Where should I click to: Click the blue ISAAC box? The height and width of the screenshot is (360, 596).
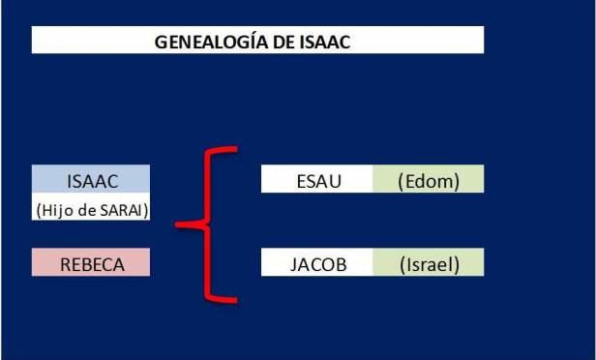tap(91, 180)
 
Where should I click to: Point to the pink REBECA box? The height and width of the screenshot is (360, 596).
tap(91, 263)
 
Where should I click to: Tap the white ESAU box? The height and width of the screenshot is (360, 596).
tap(316, 180)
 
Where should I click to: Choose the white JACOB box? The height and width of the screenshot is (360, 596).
tap(316, 263)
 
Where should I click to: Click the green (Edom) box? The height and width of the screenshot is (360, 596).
tap(428, 180)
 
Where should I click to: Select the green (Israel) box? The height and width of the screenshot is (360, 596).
tap(428, 263)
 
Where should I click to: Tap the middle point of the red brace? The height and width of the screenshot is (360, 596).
tap(178, 225)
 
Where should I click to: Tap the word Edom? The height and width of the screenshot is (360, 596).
tap(429, 180)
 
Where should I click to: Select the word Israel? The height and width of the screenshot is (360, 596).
tap(429, 263)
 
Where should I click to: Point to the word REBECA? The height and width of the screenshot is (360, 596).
tap(91, 263)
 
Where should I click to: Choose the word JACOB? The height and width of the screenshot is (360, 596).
tap(316, 263)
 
